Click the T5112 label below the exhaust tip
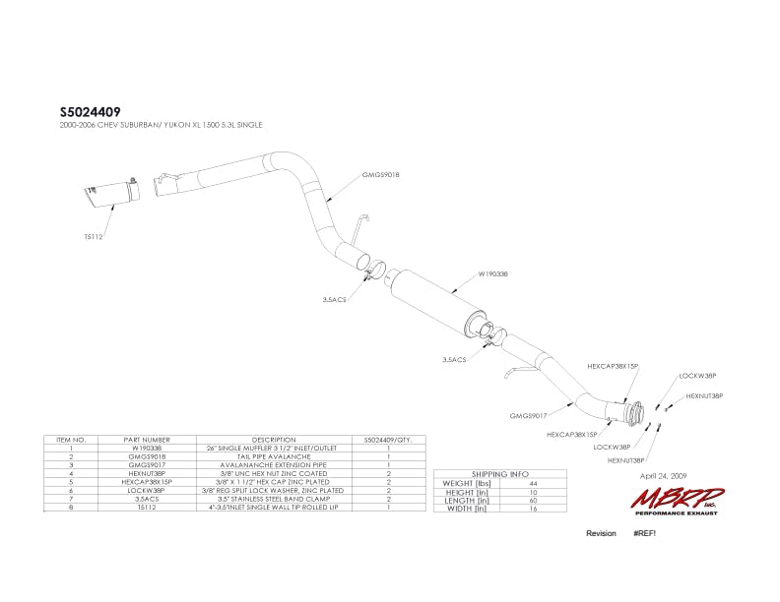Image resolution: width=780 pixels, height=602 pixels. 94,236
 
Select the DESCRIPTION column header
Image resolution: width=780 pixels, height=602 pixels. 274,440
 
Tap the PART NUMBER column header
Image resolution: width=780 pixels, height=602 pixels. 148,440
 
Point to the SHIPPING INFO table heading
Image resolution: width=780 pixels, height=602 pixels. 501,474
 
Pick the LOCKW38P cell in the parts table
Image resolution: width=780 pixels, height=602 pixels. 148,490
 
